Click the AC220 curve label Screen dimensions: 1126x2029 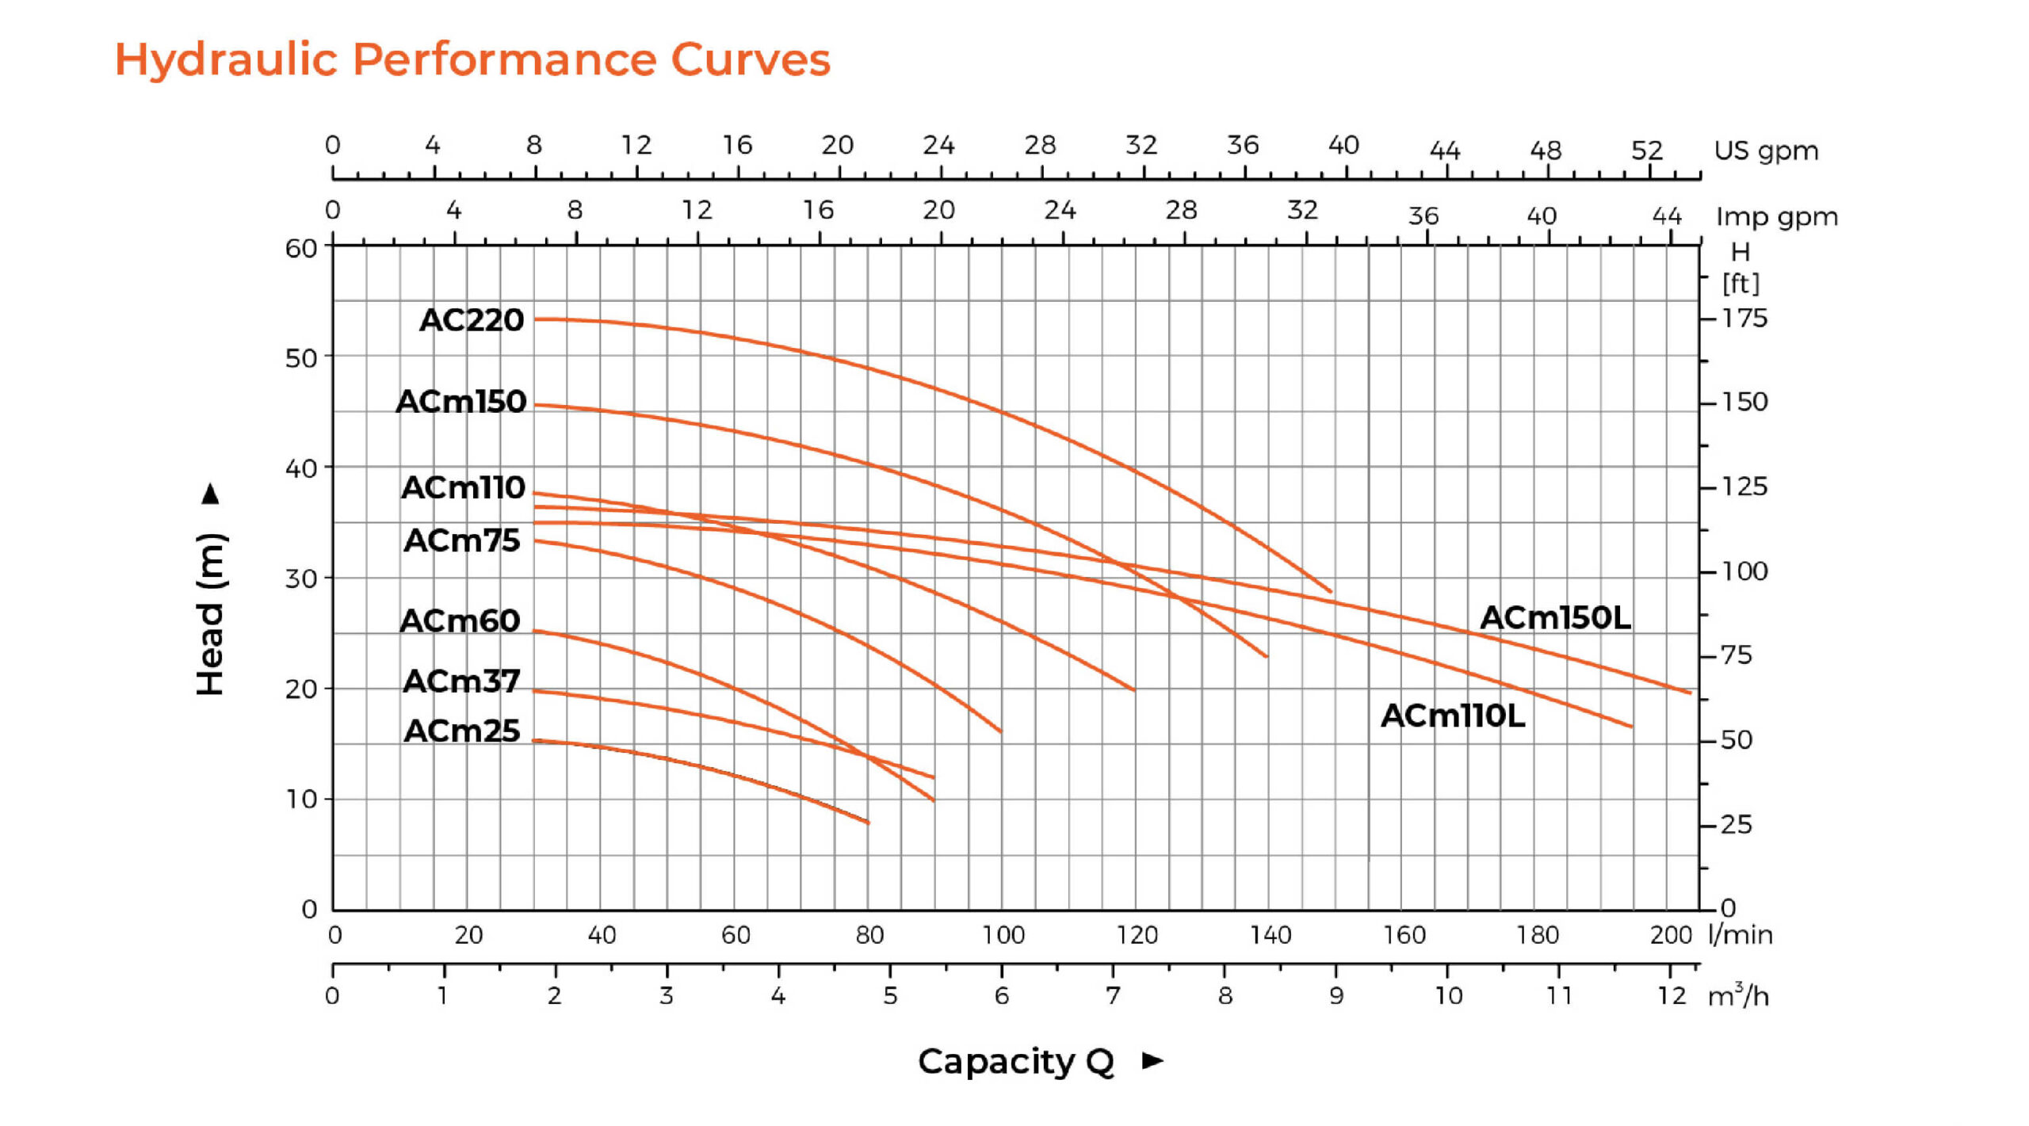click(472, 320)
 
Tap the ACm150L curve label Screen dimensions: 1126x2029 click(1555, 618)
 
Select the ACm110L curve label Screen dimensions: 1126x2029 click(1453, 716)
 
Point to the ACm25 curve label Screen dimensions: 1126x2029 click(461, 731)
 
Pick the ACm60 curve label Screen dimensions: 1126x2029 click(460, 620)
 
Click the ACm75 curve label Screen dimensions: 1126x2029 click(461, 540)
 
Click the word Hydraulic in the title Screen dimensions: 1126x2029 click(227, 60)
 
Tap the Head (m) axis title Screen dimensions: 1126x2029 click(212, 614)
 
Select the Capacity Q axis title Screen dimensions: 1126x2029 click(1016, 1062)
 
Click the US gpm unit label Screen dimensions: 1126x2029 click(1766, 151)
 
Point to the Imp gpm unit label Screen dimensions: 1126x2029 click(1777, 216)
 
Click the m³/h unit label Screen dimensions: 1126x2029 click(1738, 995)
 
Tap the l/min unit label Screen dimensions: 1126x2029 click(1741, 935)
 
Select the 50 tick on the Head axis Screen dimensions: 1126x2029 click(301, 358)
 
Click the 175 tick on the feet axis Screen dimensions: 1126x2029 click(1744, 319)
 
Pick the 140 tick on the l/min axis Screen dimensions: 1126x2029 click(1271, 936)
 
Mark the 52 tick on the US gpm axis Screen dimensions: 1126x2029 click(1646, 151)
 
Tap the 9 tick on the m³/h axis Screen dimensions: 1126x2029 click(1336, 996)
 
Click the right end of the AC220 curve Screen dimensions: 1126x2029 click(1331, 591)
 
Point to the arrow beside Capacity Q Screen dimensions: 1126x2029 click(1153, 1060)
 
